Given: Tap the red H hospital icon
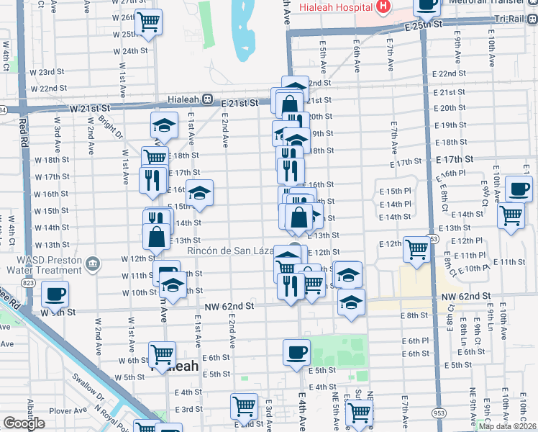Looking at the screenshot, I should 383,7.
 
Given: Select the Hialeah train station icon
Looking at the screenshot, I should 207,99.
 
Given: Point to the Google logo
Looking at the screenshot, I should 24,423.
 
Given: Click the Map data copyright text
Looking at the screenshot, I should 507,426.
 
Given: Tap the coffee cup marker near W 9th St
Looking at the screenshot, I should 55,294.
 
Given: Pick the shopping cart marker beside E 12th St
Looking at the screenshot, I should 416,249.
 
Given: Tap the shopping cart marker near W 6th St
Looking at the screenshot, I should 162,354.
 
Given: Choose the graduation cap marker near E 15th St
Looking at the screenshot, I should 199,192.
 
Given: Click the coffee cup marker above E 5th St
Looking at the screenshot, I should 296,353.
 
